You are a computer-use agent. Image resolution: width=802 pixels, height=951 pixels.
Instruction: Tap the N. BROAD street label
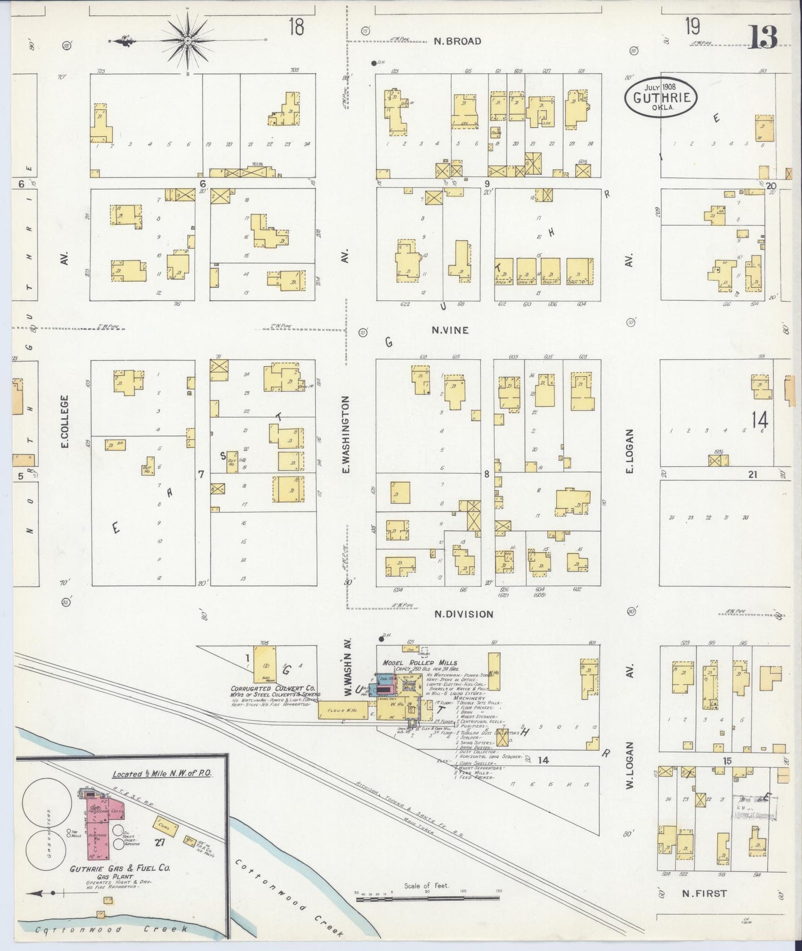tap(457, 41)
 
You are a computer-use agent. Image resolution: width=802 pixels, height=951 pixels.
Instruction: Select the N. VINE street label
tap(450, 330)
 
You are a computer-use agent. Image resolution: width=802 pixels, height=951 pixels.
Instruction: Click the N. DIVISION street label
tap(463, 614)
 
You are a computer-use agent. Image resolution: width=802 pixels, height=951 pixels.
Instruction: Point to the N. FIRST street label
tap(704, 893)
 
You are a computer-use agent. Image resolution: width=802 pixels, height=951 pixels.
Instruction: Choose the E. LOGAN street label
tap(629, 451)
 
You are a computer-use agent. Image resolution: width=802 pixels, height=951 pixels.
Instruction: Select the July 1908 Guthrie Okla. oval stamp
tap(660, 98)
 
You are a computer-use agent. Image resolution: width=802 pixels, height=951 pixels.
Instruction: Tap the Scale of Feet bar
tap(427, 897)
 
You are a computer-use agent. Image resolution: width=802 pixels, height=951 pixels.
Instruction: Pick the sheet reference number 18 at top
tap(296, 26)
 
